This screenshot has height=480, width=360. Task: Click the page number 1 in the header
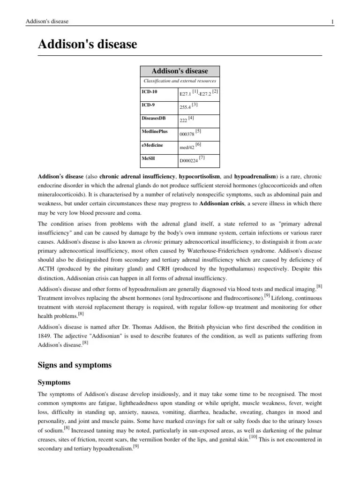(332, 22)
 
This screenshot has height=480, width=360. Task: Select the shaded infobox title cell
(180, 71)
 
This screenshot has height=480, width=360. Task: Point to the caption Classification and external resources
(180, 81)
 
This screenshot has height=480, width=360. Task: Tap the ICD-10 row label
(150, 92)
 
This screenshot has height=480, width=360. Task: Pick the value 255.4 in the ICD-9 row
(185, 107)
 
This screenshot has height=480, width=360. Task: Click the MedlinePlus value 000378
(187, 134)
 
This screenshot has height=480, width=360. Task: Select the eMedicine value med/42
(187, 147)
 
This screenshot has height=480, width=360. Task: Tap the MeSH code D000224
(188, 161)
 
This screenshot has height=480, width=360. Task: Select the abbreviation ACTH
(47, 270)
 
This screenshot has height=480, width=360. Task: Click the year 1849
(45, 336)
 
